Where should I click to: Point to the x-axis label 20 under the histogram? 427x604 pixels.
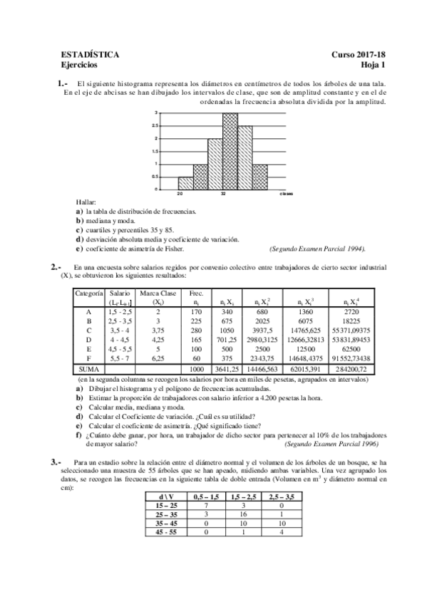[x=181, y=194]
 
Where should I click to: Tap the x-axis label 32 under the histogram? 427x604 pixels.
[x=223, y=194]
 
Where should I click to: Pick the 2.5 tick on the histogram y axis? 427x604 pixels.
[x=155, y=125]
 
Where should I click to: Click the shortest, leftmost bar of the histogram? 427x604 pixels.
[x=185, y=183]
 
